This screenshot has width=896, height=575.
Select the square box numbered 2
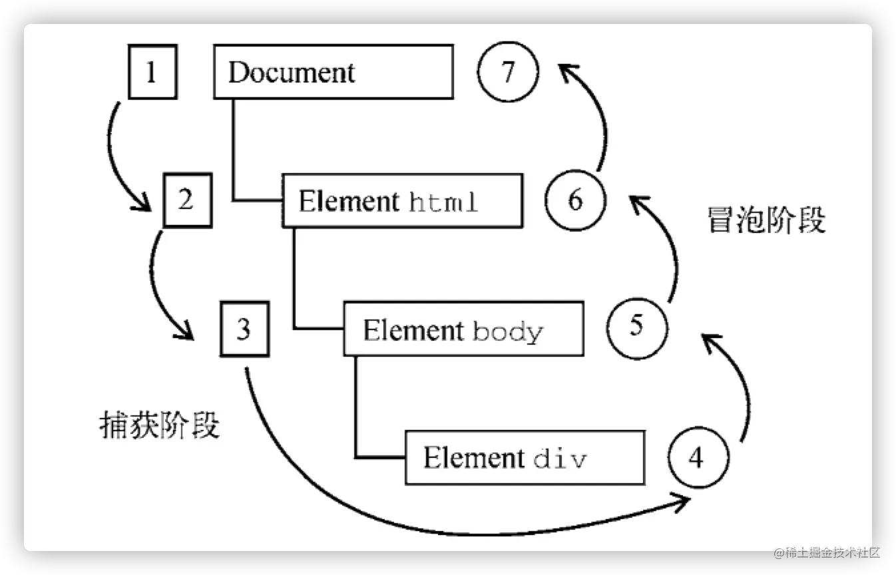point(187,200)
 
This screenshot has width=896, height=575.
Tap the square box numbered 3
point(244,329)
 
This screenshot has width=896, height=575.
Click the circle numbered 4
point(697,459)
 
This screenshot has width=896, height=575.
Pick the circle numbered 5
point(636,327)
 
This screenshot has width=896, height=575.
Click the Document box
point(333,72)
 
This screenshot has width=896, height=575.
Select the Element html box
point(402,200)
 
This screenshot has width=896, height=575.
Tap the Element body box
point(463,329)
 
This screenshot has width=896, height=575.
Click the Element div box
point(525,458)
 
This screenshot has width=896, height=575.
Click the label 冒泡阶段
point(766,220)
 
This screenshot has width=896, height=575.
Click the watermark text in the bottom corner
point(825,552)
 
